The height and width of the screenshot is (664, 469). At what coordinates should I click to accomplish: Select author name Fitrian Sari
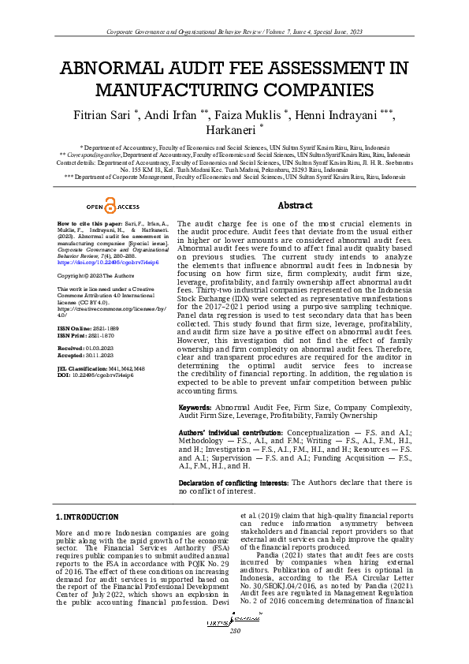point(102,116)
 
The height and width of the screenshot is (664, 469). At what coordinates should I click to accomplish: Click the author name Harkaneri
point(230,131)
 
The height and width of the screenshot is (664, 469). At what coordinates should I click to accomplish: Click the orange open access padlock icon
point(110,207)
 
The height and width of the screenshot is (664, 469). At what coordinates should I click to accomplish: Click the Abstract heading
point(295,205)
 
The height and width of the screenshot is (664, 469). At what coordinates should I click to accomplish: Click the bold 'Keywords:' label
point(195,407)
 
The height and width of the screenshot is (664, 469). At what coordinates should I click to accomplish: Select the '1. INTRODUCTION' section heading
point(87,517)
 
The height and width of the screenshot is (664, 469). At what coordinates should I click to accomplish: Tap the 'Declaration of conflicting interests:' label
point(234,482)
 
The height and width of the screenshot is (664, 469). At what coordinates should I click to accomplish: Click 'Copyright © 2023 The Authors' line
point(91,276)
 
